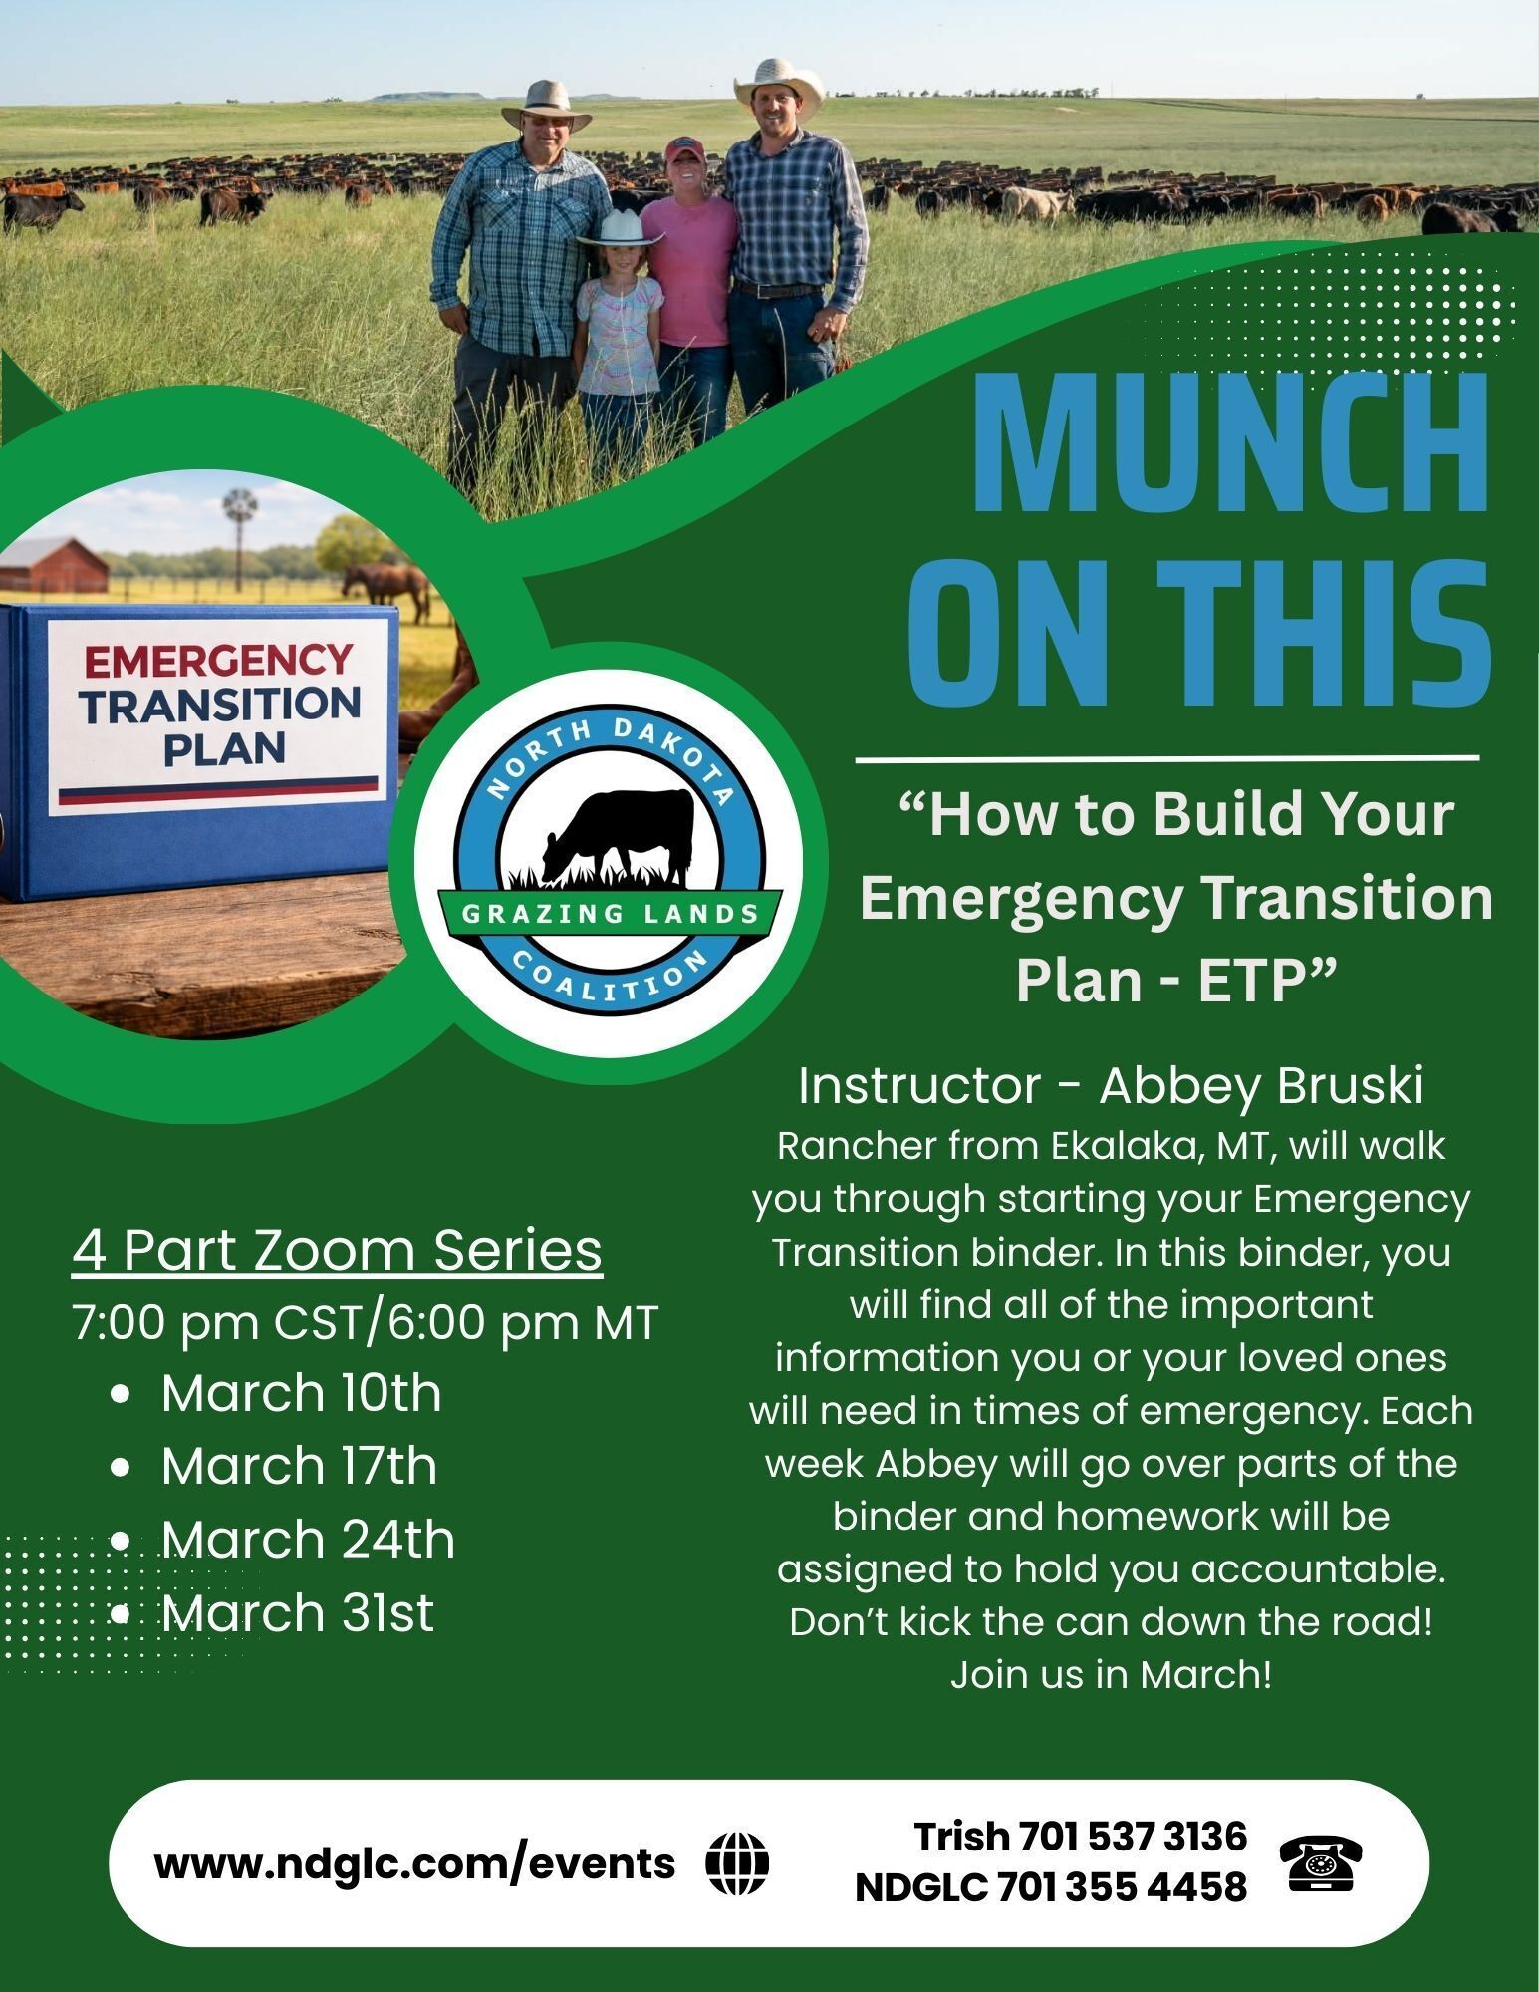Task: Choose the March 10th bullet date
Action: [301, 1392]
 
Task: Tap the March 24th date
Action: [308, 1539]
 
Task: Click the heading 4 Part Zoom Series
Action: [337, 1250]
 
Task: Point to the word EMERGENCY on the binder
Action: [218, 660]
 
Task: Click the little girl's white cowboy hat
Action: [618, 228]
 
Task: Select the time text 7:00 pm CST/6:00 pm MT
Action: [366, 1323]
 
